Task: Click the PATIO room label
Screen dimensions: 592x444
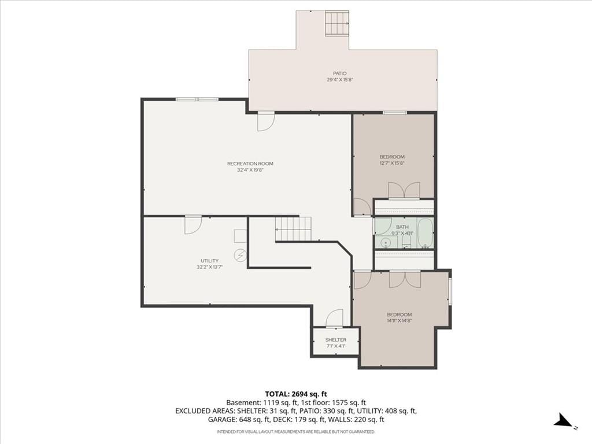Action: (x=339, y=73)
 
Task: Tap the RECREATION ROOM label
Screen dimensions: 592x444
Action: (x=250, y=164)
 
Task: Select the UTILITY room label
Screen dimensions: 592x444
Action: (x=209, y=261)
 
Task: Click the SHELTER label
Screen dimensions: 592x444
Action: (x=336, y=340)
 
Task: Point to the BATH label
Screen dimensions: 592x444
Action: (x=402, y=227)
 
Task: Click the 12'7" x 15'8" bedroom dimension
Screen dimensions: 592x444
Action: (x=392, y=163)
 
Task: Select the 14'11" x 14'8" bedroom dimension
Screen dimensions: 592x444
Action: (x=399, y=320)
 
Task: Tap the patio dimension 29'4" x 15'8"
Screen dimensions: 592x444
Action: (x=340, y=80)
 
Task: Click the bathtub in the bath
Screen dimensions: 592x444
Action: (x=425, y=234)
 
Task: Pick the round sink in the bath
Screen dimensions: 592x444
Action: (x=386, y=242)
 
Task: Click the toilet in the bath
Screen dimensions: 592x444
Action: (x=406, y=242)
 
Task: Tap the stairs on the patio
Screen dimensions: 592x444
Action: (x=337, y=23)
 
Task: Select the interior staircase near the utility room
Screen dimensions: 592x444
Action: (x=293, y=228)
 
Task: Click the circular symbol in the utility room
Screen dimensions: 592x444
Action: (x=240, y=256)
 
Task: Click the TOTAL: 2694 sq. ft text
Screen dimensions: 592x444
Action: (x=296, y=394)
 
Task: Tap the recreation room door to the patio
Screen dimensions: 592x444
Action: (x=266, y=121)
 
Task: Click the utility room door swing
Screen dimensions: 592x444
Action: (x=193, y=225)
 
